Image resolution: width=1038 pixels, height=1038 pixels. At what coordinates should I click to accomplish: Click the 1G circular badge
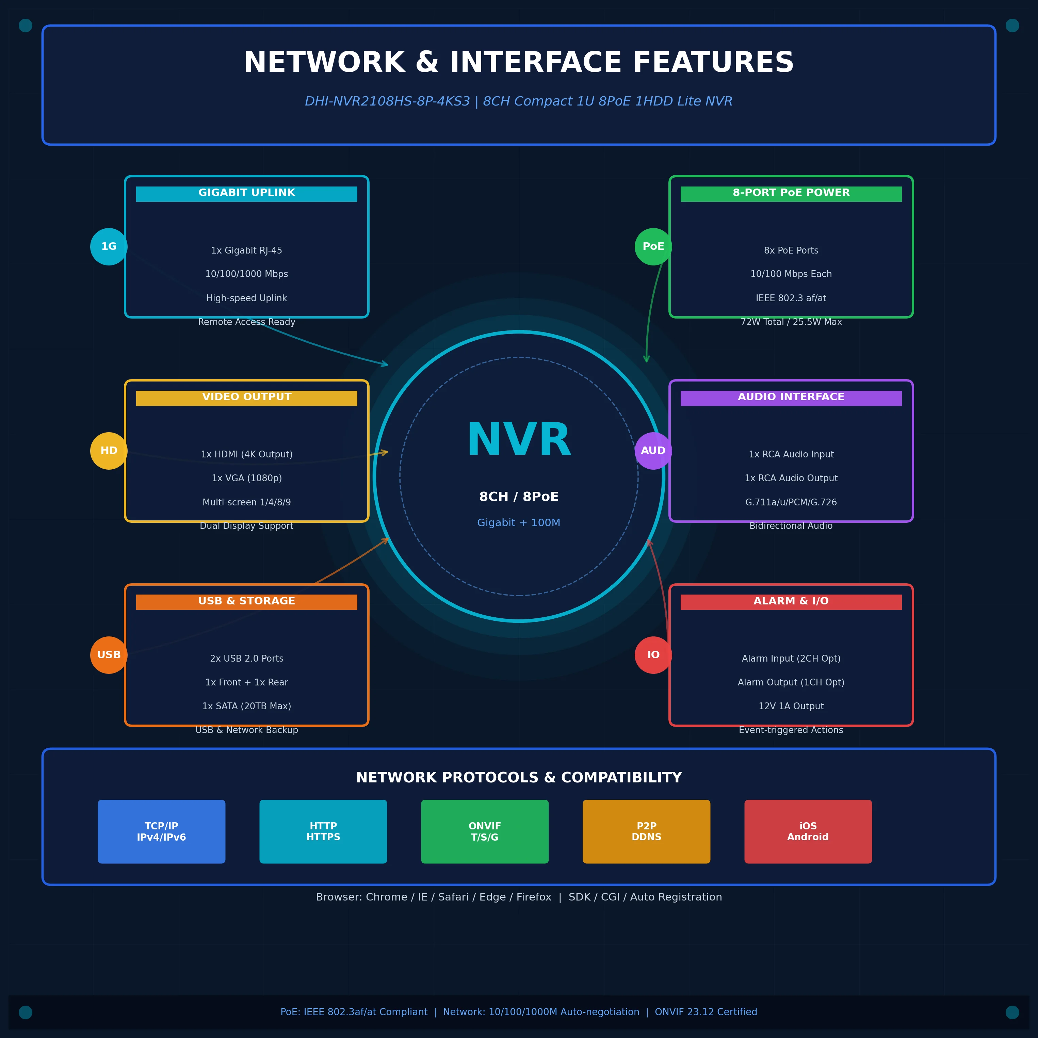(109, 247)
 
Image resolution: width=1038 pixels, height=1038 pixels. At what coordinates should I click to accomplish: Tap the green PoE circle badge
(653, 247)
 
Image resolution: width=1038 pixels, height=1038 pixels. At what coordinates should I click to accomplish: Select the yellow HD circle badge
(109, 451)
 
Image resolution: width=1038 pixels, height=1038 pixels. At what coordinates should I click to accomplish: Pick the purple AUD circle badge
(653, 451)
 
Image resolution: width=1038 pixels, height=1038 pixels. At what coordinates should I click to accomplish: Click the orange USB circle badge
(109, 655)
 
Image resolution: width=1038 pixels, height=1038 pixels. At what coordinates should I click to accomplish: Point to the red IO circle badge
(653, 655)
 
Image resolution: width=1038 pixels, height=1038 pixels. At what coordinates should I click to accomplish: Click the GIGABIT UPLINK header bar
(247, 194)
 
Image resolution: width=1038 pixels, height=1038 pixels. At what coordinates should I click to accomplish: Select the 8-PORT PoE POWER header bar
(791, 194)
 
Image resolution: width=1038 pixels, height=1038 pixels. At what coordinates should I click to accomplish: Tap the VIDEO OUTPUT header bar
(247, 398)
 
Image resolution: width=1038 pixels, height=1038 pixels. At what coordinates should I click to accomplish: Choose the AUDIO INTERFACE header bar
(791, 398)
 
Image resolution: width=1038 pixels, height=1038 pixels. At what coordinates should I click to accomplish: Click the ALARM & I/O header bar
(791, 602)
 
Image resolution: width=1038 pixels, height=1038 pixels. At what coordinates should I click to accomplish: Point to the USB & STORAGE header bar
(247, 602)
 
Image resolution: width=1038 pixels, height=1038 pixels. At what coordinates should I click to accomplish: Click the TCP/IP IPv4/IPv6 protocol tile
(162, 832)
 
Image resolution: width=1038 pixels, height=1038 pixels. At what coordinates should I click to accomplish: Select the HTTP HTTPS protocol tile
(323, 832)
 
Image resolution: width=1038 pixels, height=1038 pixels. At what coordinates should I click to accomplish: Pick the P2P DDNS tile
(646, 832)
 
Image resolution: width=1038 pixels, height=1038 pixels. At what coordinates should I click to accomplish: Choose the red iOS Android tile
(808, 832)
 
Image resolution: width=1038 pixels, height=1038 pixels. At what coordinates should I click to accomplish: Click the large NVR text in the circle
(519, 441)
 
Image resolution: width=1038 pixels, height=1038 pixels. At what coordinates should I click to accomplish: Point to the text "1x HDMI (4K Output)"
(247, 455)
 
